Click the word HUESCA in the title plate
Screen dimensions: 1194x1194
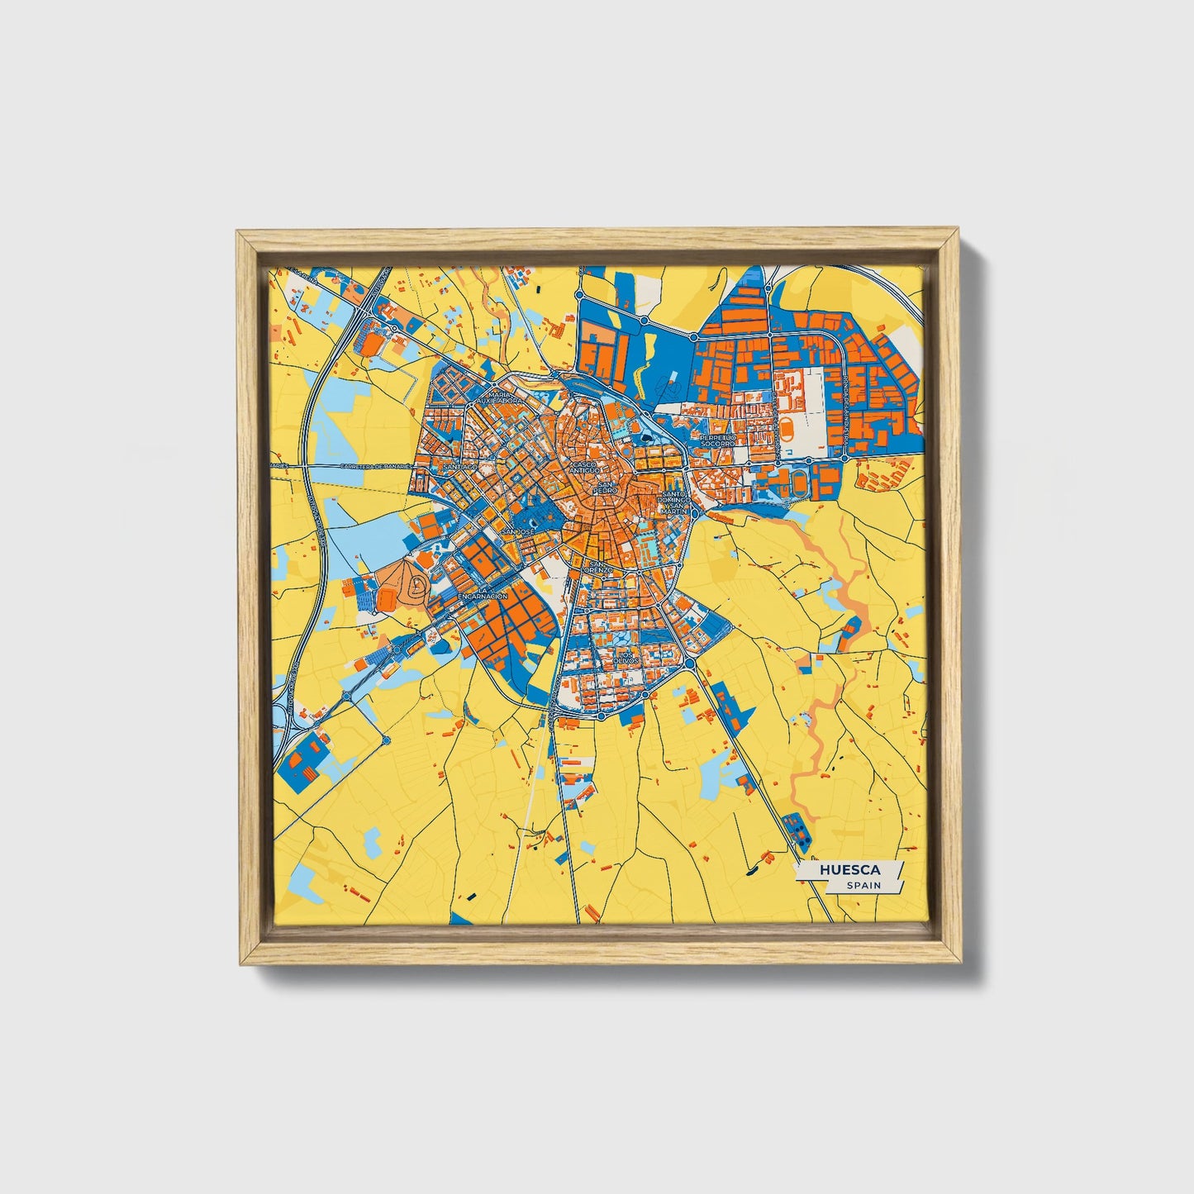click(x=849, y=870)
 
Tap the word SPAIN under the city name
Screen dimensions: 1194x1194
click(x=863, y=886)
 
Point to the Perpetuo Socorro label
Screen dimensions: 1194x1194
click(x=716, y=440)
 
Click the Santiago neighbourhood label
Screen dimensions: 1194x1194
click(x=460, y=467)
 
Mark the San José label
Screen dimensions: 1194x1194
click(x=518, y=531)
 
